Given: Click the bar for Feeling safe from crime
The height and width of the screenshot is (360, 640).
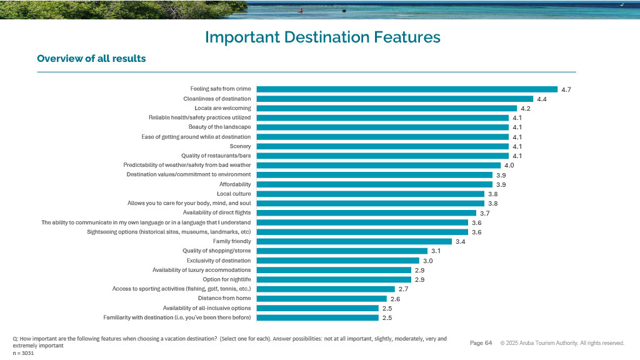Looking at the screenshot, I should click(x=406, y=89).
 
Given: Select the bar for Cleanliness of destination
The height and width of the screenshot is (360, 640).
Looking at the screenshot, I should click(x=394, y=99).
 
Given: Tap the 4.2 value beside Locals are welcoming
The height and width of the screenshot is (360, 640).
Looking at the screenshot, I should click(x=526, y=108).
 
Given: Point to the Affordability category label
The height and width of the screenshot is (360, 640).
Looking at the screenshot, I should click(x=235, y=184).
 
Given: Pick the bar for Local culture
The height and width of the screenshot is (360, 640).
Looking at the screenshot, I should click(x=370, y=194).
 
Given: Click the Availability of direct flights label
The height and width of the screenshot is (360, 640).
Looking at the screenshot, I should click(x=212, y=212).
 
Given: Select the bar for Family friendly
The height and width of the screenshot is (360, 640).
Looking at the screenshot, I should click(x=354, y=241).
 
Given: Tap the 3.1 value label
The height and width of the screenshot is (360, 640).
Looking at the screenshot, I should click(x=436, y=251).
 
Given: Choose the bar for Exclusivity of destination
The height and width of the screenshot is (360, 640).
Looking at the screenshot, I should click(x=337, y=261).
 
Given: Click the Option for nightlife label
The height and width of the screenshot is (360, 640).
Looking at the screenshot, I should click(x=227, y=279).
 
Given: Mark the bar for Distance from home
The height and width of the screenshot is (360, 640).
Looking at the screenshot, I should click(x=321, y=299).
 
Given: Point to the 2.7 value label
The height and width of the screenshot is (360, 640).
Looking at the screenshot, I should click(x=403, y=289).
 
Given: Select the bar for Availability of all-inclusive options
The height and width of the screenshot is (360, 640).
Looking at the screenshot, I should click(x=317, y=308).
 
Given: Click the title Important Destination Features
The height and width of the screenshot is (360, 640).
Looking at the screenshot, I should click(x=322, y=37).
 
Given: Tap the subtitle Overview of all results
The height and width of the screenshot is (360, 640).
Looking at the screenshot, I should click(x=91, y=59).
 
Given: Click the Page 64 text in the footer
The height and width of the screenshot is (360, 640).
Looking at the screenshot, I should click(x=481, y=342).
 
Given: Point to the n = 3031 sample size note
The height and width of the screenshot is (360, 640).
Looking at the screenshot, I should click(x=23, y=353).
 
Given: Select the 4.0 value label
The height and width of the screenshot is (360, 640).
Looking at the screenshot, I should click(x=509, y=165).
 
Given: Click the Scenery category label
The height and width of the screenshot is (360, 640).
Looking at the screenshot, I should click(x=241, y=146).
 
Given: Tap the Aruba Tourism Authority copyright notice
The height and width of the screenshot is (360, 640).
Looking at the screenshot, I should click(x=562, y=343).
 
